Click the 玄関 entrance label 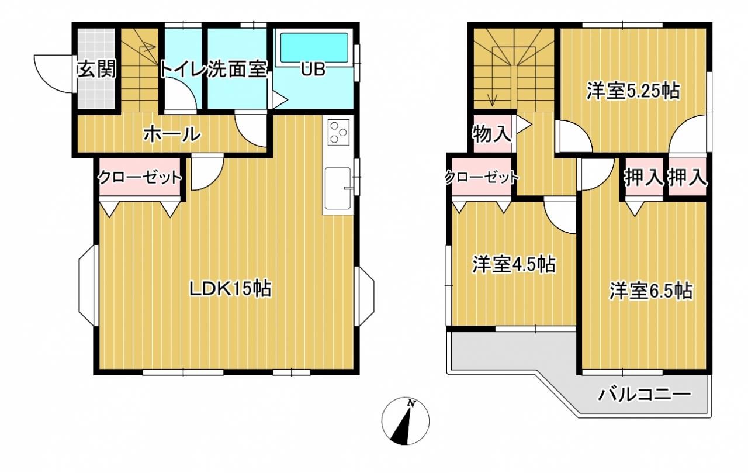click(97, 70)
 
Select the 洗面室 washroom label click(237, 70)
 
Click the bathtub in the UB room click(314, 48)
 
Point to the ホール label click(172, 134)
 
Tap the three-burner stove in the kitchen click(338, 132)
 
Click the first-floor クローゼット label click(140, 177)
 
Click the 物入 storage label click(491, 134)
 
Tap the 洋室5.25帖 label click(633, 91)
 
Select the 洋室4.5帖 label click(514, 264)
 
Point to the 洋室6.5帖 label click(651, 291)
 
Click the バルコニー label click(644, 395)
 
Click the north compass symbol click(406, 421)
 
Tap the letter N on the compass click(411, 403)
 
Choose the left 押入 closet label click(644, 177)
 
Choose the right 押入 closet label click(687, 177)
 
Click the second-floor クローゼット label click(482, 177)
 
